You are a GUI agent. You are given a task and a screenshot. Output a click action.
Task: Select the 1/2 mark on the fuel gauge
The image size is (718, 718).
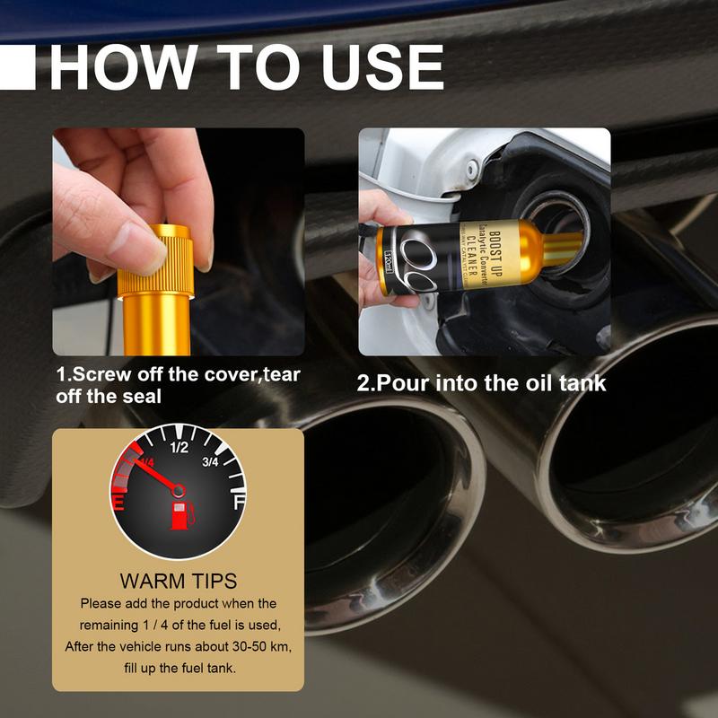tap(179, 447)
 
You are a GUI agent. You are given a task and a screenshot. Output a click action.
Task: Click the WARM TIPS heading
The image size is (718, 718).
tap(178, 582)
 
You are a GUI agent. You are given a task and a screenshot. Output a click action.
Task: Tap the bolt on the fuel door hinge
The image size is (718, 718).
tap(472, 168)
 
